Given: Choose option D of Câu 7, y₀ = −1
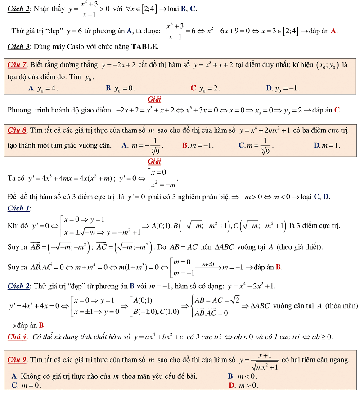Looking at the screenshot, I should [x=283, y=88].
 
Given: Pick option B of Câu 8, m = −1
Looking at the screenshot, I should [x=198, y=145].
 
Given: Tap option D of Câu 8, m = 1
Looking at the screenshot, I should [x=327, y=145].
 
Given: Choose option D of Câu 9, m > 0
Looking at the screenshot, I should [x=243, y=385].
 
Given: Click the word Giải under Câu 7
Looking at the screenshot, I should [x=154, y=99].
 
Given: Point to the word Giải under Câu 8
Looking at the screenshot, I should [x=154, y=161].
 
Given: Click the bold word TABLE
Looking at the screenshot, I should [x=144, y=46].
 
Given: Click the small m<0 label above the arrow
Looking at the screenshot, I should [x=208, y=264].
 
